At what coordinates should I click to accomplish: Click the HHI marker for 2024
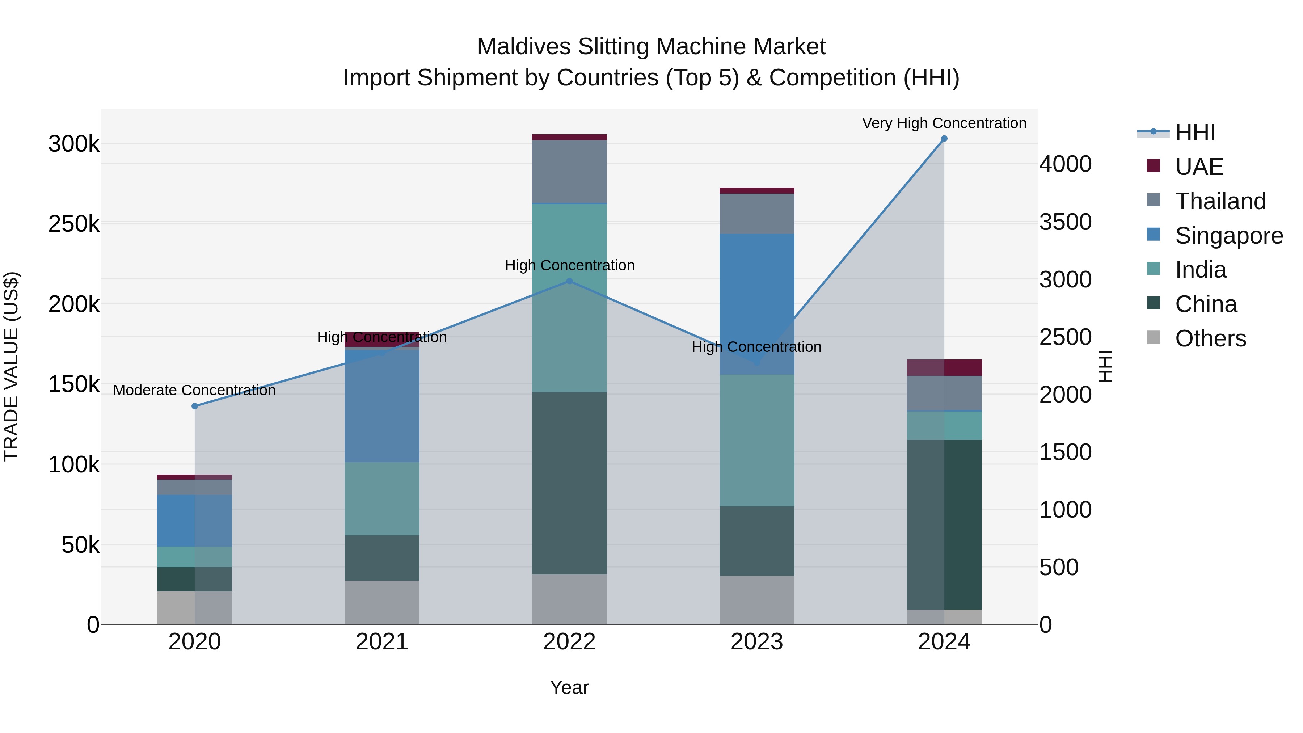click(944, 139)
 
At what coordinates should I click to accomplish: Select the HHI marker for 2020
click(195, 406)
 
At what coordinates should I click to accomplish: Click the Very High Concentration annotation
click(944, 123)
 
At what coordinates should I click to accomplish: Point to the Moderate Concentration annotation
click(194, 391)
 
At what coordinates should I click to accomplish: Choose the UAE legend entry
click(1199, 167)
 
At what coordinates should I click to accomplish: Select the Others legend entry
click(1210, 338)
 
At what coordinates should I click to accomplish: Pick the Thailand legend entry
click(1220, 201)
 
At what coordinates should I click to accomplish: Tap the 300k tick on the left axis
click(74, 144)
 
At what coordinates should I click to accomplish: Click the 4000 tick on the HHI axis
click(1065, 164)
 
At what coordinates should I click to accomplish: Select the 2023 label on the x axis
click(757, 642)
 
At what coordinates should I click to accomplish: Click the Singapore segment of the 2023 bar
click(757, 304)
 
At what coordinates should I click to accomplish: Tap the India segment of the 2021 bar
click(382, 498)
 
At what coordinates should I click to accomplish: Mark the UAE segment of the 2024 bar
click(944, 368)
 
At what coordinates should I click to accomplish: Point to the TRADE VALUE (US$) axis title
click(11, 366)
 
